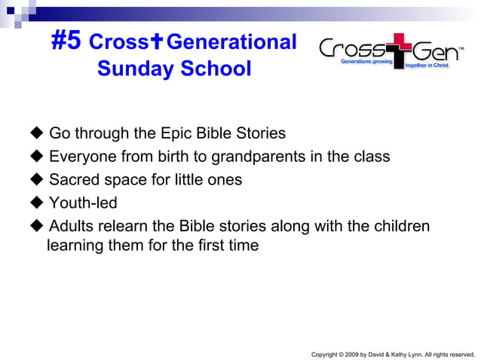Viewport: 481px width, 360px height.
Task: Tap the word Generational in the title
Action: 231,42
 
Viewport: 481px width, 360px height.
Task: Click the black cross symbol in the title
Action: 157,43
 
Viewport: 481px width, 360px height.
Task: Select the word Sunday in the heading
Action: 133,69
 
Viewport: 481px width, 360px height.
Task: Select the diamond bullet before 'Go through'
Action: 36,134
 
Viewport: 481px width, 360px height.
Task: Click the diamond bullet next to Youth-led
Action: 36,203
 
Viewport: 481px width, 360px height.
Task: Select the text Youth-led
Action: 83,203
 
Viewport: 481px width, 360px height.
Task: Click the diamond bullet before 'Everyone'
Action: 36,157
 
